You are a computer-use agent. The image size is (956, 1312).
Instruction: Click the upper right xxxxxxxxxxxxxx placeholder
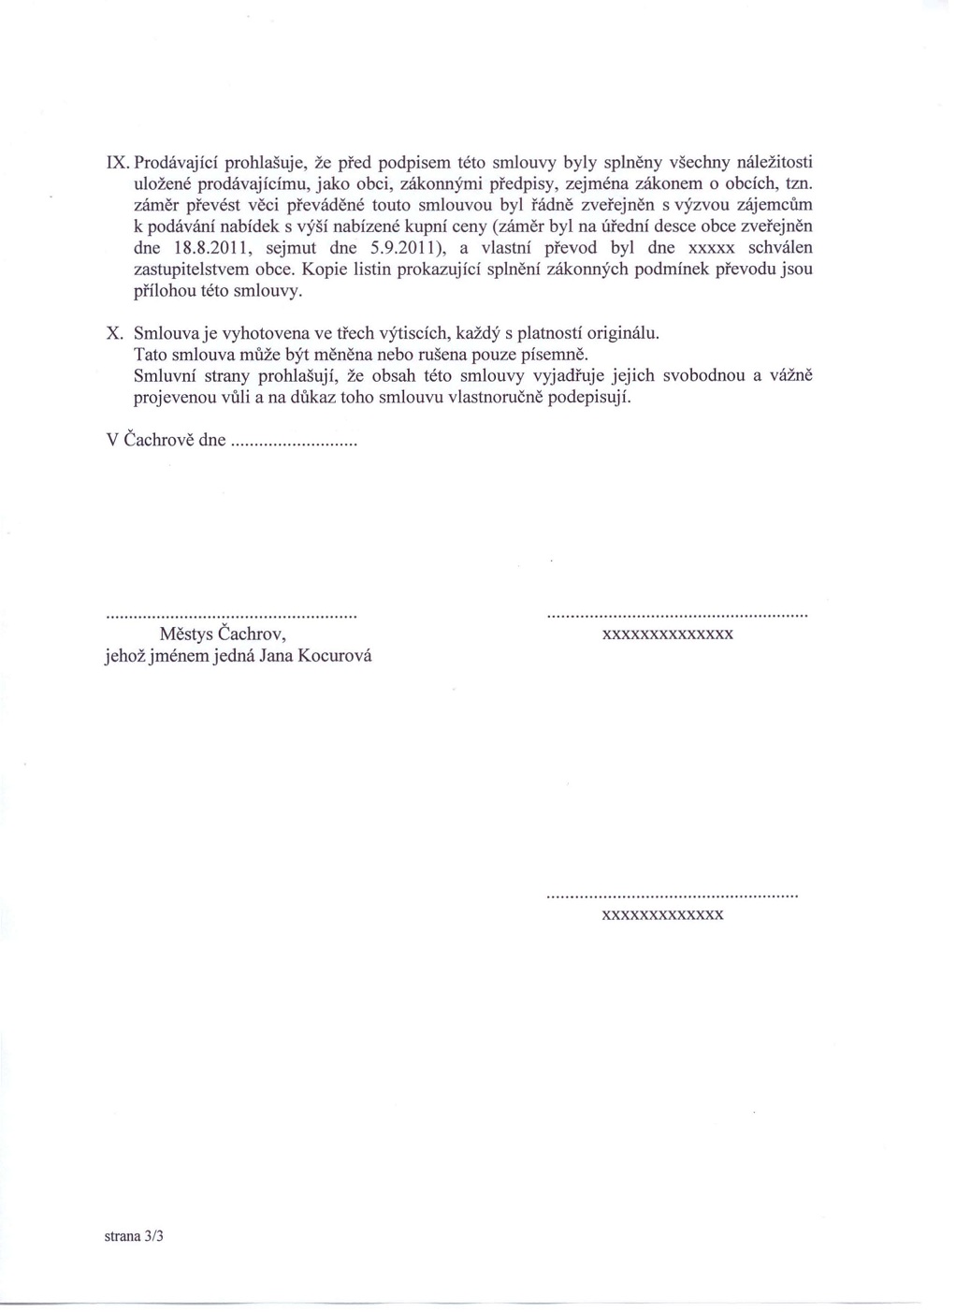[x=667, y=634]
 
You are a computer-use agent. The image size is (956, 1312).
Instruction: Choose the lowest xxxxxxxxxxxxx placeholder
[x=663, y=915]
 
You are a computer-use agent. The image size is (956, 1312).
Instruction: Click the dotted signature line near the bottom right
[x=671, y=897]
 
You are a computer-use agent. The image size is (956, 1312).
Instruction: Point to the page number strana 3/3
[x=134, y=1235]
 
